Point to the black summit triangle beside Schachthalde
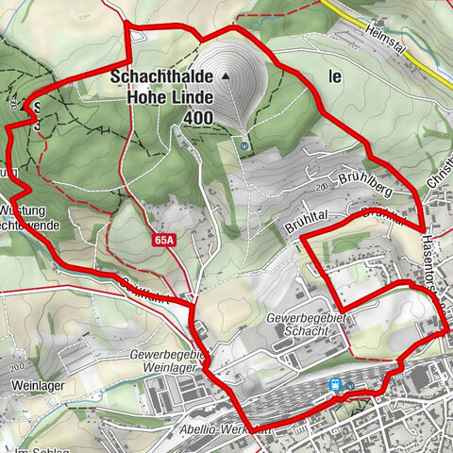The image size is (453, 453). coord(226,75)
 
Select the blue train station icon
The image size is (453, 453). coord(334,384)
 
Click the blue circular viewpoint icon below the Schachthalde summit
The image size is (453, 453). coord(245,146)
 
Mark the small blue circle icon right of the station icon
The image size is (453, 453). coord(350,386)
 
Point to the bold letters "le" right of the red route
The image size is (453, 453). coord(335,78)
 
